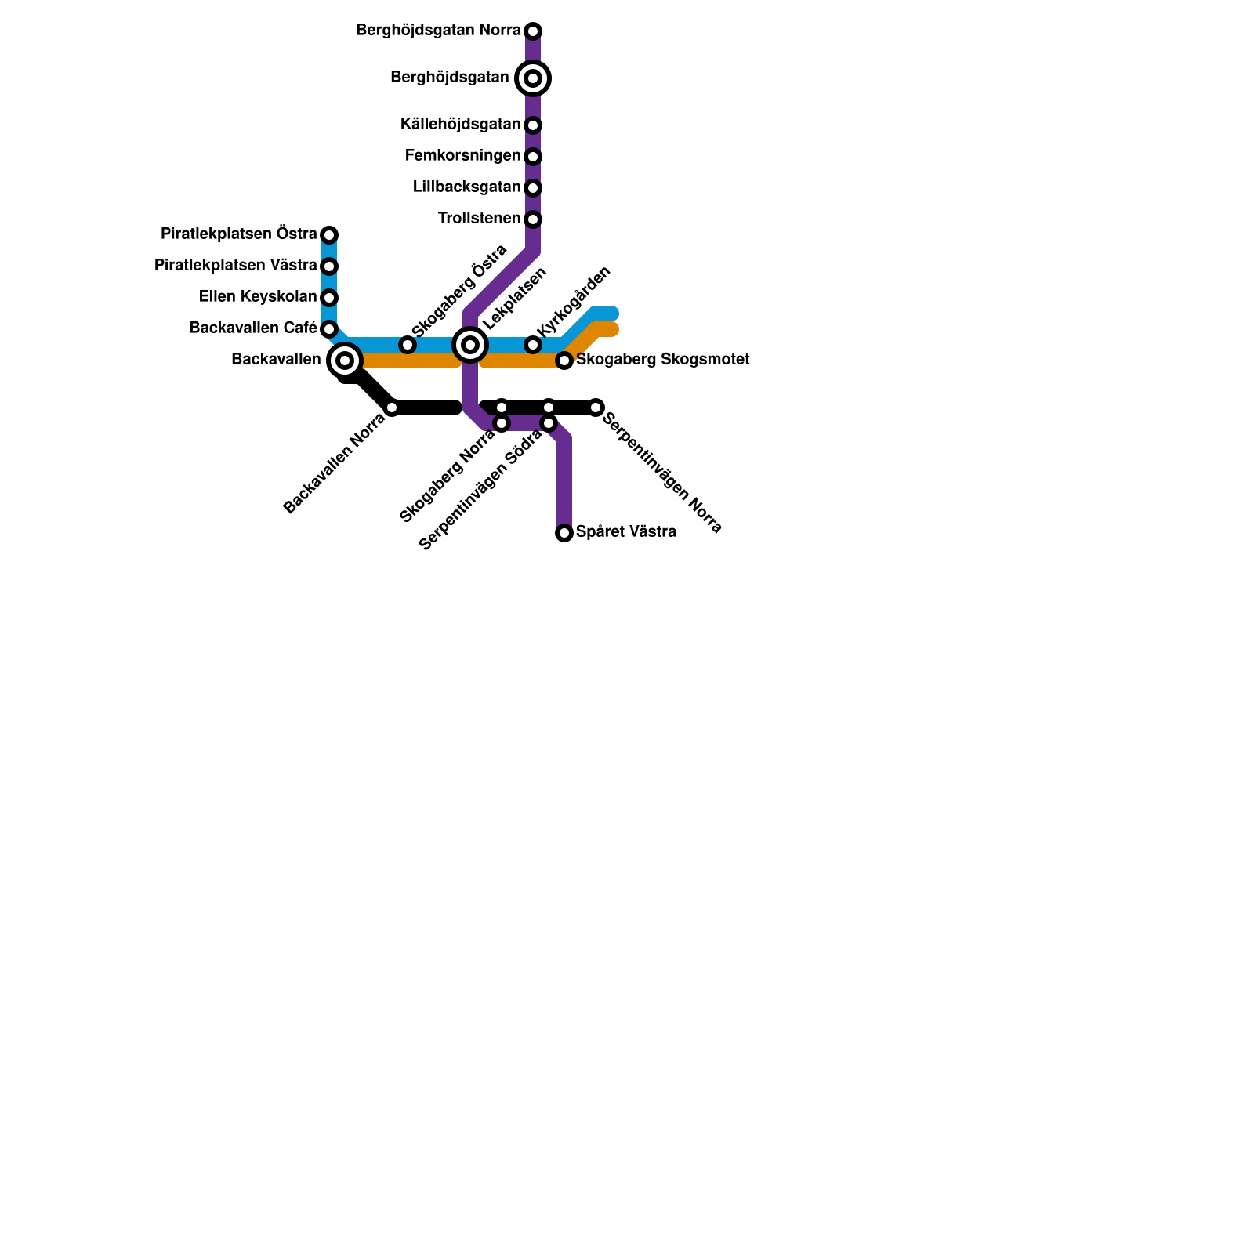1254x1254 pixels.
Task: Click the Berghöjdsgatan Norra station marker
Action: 533,31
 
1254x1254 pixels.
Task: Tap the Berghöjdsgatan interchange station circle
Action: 533,78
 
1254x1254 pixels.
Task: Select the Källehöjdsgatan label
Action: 460,125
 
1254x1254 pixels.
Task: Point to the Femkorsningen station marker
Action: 533,157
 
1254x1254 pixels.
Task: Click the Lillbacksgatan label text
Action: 466,187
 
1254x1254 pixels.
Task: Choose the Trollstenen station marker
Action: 533,219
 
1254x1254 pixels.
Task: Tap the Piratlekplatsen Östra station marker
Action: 329,235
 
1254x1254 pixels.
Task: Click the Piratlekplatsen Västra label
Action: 235,266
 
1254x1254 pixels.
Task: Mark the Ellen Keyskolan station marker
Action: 329,298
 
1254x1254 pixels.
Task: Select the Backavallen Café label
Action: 252,328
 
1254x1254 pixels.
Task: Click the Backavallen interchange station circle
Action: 345,361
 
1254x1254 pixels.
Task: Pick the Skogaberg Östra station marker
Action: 408,345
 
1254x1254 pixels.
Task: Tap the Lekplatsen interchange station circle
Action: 470,345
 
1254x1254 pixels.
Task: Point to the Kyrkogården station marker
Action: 533,345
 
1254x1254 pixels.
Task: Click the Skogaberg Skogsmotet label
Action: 663,360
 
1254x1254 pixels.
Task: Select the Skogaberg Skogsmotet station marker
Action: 564,361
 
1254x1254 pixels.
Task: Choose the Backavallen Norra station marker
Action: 392,408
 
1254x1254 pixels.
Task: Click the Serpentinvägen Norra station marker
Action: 596,408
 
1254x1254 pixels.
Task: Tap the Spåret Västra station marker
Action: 564,533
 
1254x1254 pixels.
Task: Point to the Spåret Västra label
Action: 625,532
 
